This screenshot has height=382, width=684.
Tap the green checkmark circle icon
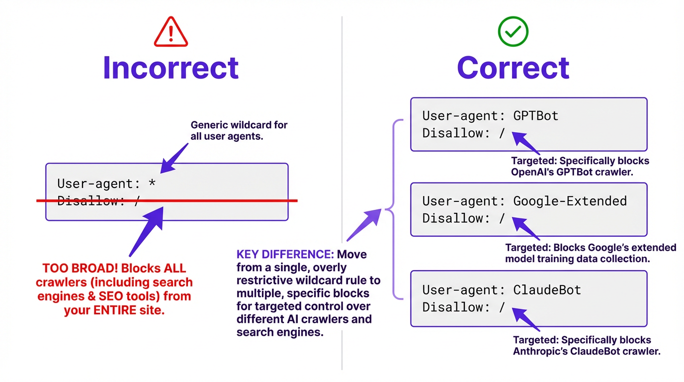pyautogui.click(x=513, y=32)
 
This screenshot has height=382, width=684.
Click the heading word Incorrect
pyautogui.click(x=171, y=68)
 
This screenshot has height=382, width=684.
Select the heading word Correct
pyautogui.click(x=513, y=68)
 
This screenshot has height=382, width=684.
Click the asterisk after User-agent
pyautogui.click(x=152, y=183)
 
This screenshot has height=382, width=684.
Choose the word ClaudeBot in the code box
pyautogui.click(x=540, y=289)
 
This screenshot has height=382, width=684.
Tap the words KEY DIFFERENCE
pyautogui.click(x=285, y=255)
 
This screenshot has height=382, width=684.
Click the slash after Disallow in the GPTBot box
pyautogui.click(x=502, y=133)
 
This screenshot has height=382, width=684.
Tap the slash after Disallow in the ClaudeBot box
pyautogui.click(x=502, y=307)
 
